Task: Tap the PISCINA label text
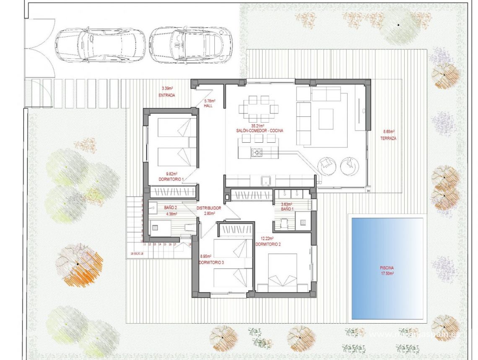point(387,268)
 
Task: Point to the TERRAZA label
point(388,138)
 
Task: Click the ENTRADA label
point(167,95)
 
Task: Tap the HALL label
point(208,105)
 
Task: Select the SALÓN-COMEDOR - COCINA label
point(259,131)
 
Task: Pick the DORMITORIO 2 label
point(268,244)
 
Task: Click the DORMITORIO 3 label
point(211,262)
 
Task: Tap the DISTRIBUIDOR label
point(208,208)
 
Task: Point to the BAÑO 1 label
point(287,209)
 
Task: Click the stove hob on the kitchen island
point(257,152)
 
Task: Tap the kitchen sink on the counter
point(265,181)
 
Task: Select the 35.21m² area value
point(257,126)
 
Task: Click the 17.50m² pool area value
point(387,273)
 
